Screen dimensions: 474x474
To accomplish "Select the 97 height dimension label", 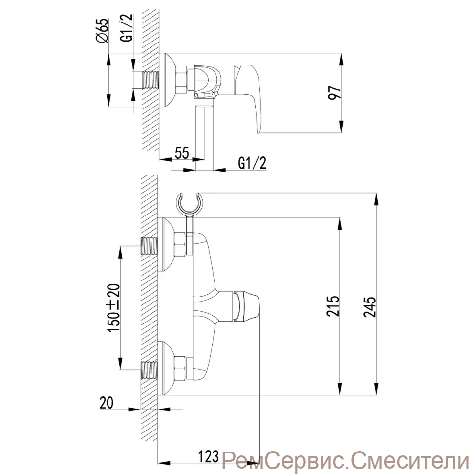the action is (335, 92).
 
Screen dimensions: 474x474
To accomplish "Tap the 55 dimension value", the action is (182, 152).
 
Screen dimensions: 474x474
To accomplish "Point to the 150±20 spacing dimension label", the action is (114, 308).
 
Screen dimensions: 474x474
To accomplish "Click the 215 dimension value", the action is (333, 306).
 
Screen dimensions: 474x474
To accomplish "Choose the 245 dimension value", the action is (369, 307).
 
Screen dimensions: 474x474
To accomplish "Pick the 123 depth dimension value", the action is (208, 456).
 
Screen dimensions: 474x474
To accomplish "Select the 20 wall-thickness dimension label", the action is (107, 403).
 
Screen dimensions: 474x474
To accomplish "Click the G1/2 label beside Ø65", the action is (128, 28).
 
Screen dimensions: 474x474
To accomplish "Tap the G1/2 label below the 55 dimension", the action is (253, 163).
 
